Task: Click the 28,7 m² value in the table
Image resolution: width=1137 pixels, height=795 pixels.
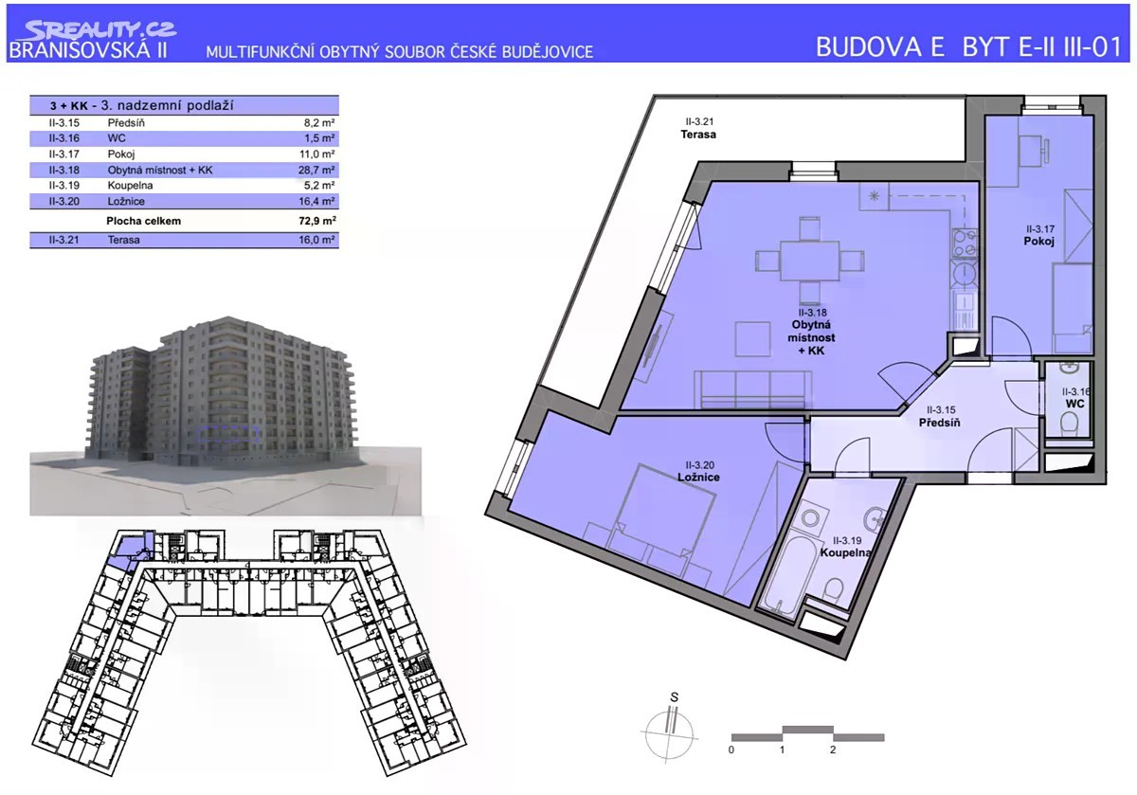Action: (316, 170)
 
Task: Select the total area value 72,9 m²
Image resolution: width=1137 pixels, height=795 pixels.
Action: (317, 221)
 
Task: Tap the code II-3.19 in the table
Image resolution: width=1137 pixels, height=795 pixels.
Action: (64, 186)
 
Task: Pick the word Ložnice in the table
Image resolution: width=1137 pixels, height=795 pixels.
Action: (126, 201)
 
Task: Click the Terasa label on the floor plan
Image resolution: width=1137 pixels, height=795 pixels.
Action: (698, 134)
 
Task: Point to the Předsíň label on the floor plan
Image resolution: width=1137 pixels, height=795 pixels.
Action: (940, 423)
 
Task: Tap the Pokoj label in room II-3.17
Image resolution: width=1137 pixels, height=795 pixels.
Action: (1039, 241)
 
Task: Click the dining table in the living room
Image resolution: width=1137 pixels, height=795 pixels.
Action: (809, 261)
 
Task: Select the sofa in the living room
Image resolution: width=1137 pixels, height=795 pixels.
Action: (752, 389)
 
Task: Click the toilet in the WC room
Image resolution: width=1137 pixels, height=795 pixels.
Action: (1070, 423)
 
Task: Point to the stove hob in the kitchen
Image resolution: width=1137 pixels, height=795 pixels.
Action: (965, 244)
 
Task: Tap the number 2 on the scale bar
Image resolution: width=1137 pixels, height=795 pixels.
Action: (833, 750)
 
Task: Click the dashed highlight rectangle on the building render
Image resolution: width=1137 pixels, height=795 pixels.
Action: (228, 434)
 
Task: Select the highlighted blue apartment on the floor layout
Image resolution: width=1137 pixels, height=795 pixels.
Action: (127, 552)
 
